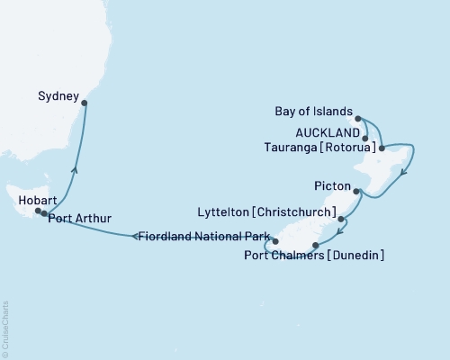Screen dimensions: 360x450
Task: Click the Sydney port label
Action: tap(59, 93)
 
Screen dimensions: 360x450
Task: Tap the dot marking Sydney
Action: tap(85, 103)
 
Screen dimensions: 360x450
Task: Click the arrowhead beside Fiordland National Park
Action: tap(135, 237)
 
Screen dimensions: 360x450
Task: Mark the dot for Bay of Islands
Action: tap(358, 118)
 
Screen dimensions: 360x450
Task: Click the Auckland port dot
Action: tap(364, 139)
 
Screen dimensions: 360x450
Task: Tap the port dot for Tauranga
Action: tap(382, 148)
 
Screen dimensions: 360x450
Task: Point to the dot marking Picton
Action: tap(357, 191)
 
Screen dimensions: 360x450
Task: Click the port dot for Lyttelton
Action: tap(341, 219)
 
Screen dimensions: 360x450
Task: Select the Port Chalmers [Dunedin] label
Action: tap(314, 256)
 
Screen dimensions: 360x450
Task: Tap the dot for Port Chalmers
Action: tap(314, 245)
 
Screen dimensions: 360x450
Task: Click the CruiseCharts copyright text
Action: tap(5, 328)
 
